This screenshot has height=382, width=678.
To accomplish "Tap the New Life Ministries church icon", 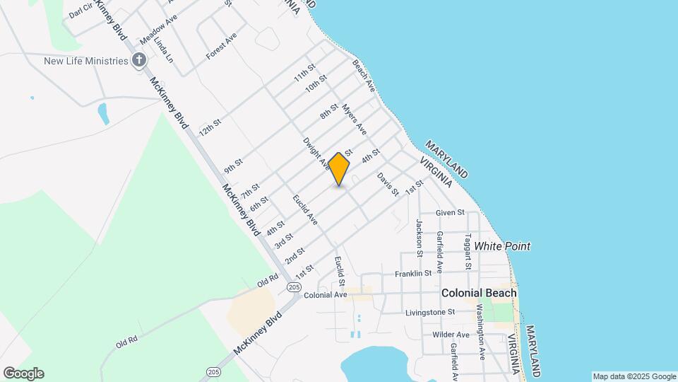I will pos(139,61).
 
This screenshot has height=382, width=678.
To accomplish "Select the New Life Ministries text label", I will pos(85,61).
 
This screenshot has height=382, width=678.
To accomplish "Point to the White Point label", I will pos(501,246).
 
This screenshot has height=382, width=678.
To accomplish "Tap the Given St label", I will pos(450,212).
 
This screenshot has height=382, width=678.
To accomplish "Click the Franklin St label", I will pos(413,273).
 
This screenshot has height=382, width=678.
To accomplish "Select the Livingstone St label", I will pos(430,312).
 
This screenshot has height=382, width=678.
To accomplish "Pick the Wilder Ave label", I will pos(452,334).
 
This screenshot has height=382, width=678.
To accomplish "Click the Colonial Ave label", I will pos(325,295).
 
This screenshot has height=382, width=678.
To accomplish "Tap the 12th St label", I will pos(210,127).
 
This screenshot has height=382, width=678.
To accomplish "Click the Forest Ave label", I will pos(221,45).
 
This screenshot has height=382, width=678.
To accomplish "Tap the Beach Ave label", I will pos(363,76).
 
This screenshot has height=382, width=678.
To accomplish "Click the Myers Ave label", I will pos(355,120).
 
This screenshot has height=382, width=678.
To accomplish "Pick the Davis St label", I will pos(388,184).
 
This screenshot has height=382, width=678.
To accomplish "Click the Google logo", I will pos(23,374).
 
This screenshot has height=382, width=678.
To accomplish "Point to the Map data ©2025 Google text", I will pos(634,376).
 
